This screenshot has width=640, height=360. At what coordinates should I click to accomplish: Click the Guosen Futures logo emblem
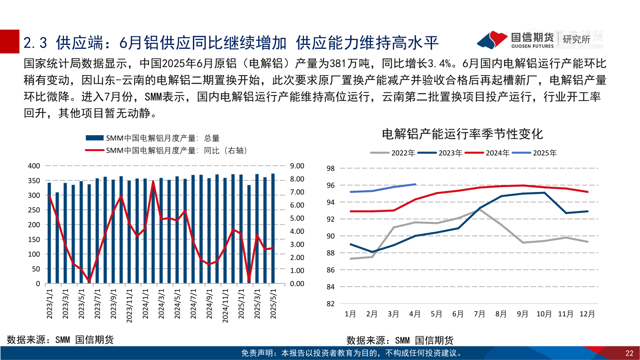[x=492, y=40]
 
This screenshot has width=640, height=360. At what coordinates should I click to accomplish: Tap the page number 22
[x=629, y=353]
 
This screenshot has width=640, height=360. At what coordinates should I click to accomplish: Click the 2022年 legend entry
[x=393, y=153]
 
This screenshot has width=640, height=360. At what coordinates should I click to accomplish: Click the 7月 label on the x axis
[x=479, y=314]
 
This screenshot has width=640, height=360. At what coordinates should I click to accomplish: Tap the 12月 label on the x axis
[x=587, y=314]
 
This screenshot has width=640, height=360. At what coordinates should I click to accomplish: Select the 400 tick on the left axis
[x=34, y=166]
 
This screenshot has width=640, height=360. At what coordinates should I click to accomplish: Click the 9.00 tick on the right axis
[x=296, y=166]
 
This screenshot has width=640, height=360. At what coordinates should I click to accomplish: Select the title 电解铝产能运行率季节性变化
[x=462, y=134]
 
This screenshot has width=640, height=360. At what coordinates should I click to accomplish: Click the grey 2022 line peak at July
[x=480, y=209]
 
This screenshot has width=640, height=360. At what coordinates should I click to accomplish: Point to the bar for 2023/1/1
[x=49, y=233]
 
